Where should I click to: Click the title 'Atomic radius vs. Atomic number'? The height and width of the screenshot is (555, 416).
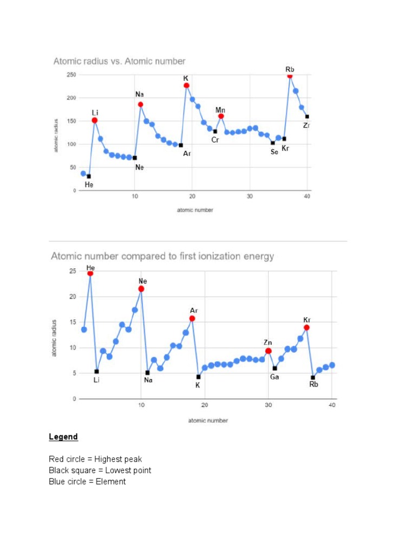[119, 61]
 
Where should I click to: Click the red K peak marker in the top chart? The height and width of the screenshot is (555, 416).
[186, 86]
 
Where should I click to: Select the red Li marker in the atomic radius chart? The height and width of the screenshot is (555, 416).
[95, 120]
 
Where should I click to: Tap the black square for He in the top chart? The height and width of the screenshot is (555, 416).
[89, 176]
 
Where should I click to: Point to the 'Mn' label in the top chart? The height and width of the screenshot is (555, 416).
[220, 110]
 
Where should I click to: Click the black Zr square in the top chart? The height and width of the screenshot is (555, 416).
[307, 117]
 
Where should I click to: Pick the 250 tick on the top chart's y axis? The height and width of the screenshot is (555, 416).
[71, 75]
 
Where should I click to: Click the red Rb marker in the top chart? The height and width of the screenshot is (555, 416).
[290, 76]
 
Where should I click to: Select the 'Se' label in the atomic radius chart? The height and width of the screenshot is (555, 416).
[274, 152]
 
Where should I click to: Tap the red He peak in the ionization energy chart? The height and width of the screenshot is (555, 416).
[90, 273]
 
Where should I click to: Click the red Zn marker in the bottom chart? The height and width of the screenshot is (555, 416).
[268, 351]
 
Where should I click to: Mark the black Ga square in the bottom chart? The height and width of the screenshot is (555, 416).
[275, 368]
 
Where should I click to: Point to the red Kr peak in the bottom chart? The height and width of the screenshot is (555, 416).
[307, 327]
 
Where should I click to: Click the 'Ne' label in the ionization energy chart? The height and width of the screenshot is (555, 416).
[142, 281]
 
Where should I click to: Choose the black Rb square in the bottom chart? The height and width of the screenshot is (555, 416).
[313, 377]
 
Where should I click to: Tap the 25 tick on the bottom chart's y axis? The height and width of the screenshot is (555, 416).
[72, 271]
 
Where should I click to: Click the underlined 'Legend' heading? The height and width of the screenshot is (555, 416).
[63, 437]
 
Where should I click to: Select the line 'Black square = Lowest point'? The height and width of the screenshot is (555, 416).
[100, 470]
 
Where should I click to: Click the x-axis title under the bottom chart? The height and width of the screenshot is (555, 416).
[208, 421]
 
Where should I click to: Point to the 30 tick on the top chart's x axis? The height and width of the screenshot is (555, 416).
[250, 196]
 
